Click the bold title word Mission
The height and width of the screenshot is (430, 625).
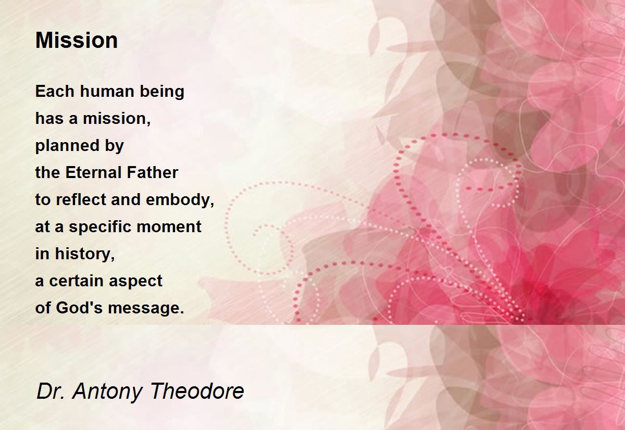[x=77, y=41]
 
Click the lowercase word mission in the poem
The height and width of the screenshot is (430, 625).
[x=117, y=119]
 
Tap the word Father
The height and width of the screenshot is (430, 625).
[x=152, y=172]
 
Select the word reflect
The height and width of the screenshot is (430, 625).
[x=81, y=199]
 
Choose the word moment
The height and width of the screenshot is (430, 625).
[x=169, y=226]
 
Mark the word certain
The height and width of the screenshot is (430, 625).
[x=76, y=281]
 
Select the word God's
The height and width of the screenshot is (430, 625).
[x=79, y=308]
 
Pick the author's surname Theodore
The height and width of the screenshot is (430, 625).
[x=197, y=391]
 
